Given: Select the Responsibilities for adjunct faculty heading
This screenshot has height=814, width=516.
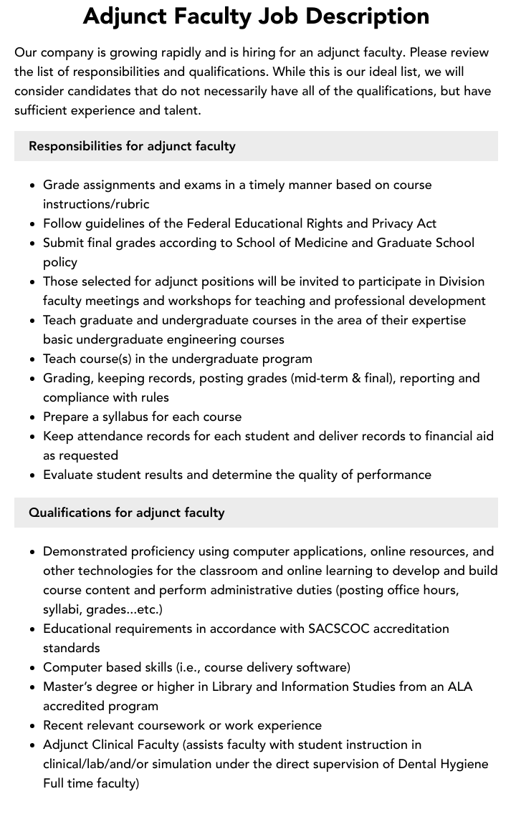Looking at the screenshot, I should click(x=132, y=146).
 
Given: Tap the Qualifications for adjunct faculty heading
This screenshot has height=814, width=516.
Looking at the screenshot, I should click(x=127, y=513).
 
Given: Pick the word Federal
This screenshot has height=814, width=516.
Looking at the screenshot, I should click(x=210, y=223).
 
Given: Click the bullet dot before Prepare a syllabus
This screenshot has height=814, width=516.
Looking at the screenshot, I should click(x=33, y=417).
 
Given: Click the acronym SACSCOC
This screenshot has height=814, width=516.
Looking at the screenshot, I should click(x=341, y=629).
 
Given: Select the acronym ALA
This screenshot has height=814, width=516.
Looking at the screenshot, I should click(x=459, y=687).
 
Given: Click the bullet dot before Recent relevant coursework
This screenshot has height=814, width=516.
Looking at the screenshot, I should click(x=33, y=726).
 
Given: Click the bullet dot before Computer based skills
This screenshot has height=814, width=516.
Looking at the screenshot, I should click(x=33, y=668).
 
